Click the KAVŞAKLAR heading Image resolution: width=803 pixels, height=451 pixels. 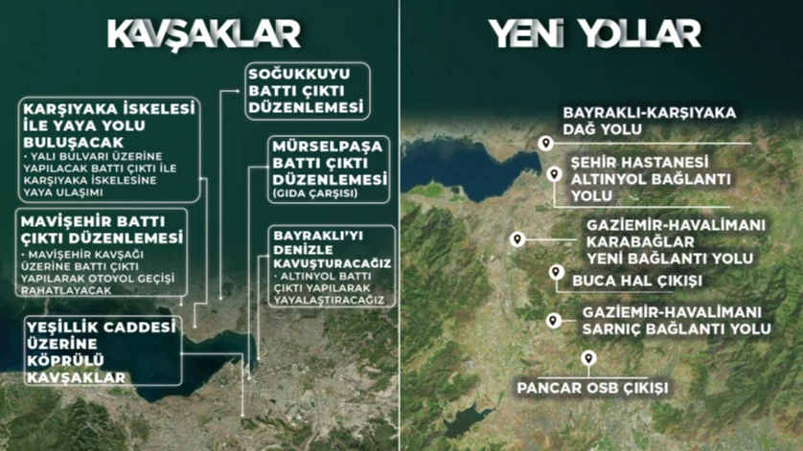coord(203,33)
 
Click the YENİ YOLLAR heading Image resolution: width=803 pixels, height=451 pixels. coord(595,33)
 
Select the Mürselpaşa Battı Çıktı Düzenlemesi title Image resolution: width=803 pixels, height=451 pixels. coord(329,163)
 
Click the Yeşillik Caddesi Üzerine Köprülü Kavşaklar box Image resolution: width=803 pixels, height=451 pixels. coord(102,351)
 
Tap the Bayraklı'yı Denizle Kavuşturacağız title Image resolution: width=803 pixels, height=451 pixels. coord(330,248)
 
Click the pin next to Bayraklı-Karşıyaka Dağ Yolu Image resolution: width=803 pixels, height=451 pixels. coord(546,144)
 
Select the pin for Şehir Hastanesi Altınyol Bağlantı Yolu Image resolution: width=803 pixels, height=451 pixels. coord(555,173)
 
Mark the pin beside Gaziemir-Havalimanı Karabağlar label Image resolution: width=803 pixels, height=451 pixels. coord(517,238)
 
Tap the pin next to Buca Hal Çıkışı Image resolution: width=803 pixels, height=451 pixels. coord(555,273)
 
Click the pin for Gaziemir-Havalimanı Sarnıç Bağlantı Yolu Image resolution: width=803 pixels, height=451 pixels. coord(552,320)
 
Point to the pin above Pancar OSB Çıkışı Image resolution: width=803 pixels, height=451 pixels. coord(588,358)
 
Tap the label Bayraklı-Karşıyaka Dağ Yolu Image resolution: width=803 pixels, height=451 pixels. coord(649,121)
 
